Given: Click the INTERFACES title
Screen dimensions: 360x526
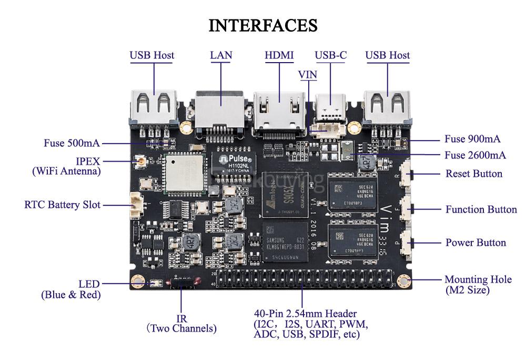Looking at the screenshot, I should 263,25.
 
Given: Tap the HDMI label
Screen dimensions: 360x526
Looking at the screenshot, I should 279,55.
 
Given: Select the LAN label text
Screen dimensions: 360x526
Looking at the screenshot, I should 221,55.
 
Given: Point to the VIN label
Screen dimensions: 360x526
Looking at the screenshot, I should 308,75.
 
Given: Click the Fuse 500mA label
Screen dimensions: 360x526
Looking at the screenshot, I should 72,143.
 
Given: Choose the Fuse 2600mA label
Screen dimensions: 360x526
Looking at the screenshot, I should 475,155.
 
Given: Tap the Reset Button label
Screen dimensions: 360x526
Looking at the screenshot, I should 473,174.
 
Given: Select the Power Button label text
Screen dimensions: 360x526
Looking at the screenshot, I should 476,243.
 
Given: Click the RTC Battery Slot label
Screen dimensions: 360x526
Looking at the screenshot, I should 62,204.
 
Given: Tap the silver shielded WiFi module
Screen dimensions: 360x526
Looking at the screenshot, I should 181,173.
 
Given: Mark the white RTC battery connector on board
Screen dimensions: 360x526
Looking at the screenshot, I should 136,205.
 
